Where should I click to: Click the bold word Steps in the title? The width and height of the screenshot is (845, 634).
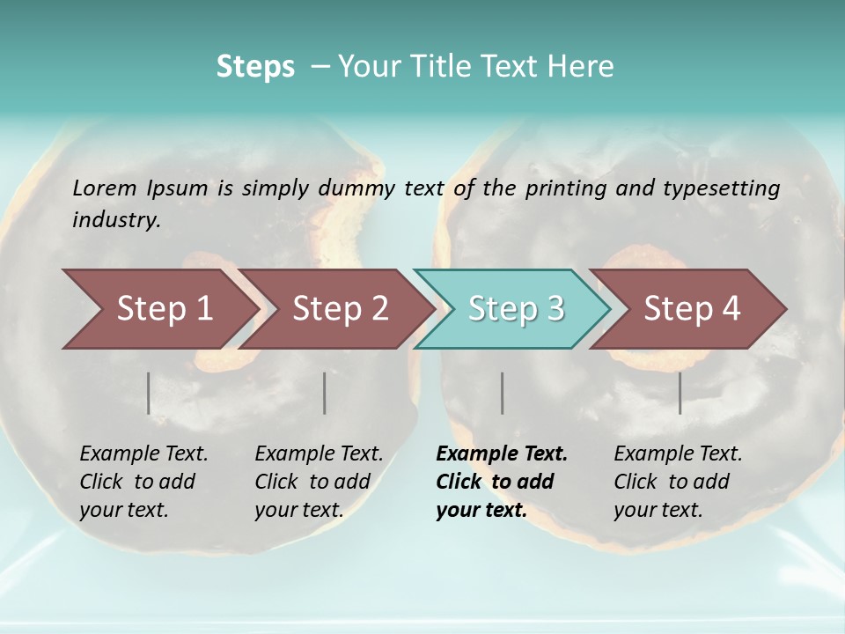click(255, 67)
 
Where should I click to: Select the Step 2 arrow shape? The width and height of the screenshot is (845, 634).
click(340, 308)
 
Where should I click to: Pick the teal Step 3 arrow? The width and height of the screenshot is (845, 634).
click(516, 308)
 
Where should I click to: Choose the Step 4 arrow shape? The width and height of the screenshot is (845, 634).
click(692, 308)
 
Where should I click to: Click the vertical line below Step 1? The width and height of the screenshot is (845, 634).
click(149, 393)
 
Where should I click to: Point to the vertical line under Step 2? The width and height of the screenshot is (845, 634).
click(325, 393)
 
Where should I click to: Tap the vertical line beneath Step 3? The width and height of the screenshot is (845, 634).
click(502, 393)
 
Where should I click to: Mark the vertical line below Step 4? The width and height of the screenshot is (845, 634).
click(680, 393)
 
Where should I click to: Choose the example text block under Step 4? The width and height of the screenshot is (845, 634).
click(678, 482)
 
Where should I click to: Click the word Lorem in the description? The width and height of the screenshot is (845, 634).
click(105, 188)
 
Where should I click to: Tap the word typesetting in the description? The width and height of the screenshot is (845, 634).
click(722, 188)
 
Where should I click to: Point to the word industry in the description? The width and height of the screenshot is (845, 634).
click(116, 219)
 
